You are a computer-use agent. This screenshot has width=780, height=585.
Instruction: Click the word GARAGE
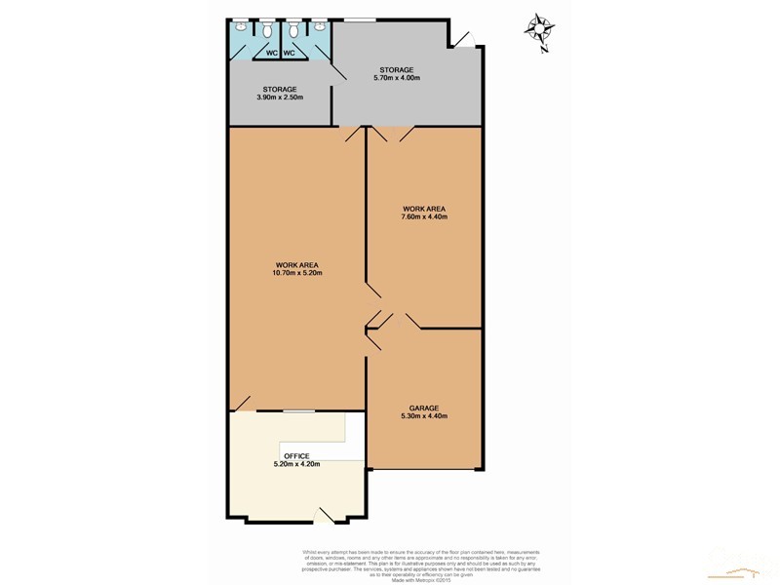(x=424, y=408)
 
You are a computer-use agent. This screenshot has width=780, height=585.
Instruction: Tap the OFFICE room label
(x=296, y=455)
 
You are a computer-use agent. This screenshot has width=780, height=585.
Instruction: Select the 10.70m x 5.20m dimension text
(x=297, y=273)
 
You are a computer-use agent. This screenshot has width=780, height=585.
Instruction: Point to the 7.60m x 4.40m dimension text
(x=423, y=217)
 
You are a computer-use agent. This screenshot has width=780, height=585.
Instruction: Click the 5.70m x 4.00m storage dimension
(x=397, y=78)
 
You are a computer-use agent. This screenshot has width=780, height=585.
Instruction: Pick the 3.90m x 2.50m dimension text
(x=280, y=97)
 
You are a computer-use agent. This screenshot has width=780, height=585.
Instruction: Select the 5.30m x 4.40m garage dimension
(x=424, y=416)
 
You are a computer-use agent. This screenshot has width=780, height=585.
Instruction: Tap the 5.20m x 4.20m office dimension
(x=296, y=464)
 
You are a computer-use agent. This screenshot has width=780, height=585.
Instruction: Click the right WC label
(x=289, y=53)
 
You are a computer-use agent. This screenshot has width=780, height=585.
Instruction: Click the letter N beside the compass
(x=546, y=48)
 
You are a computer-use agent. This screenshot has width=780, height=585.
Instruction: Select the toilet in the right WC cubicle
(x=293, y=30)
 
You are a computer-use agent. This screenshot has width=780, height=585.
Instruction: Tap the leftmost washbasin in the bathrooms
(x=241, y=23)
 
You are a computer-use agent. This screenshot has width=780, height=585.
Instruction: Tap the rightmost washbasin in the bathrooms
(x=319, y=23)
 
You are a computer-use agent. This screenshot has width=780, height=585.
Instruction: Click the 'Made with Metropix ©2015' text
(x=420, y=580)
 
